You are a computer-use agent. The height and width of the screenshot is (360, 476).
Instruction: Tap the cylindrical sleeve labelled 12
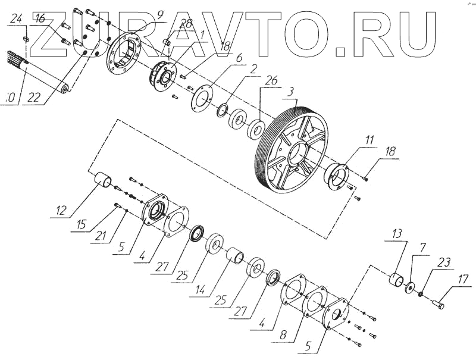(104, 179)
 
